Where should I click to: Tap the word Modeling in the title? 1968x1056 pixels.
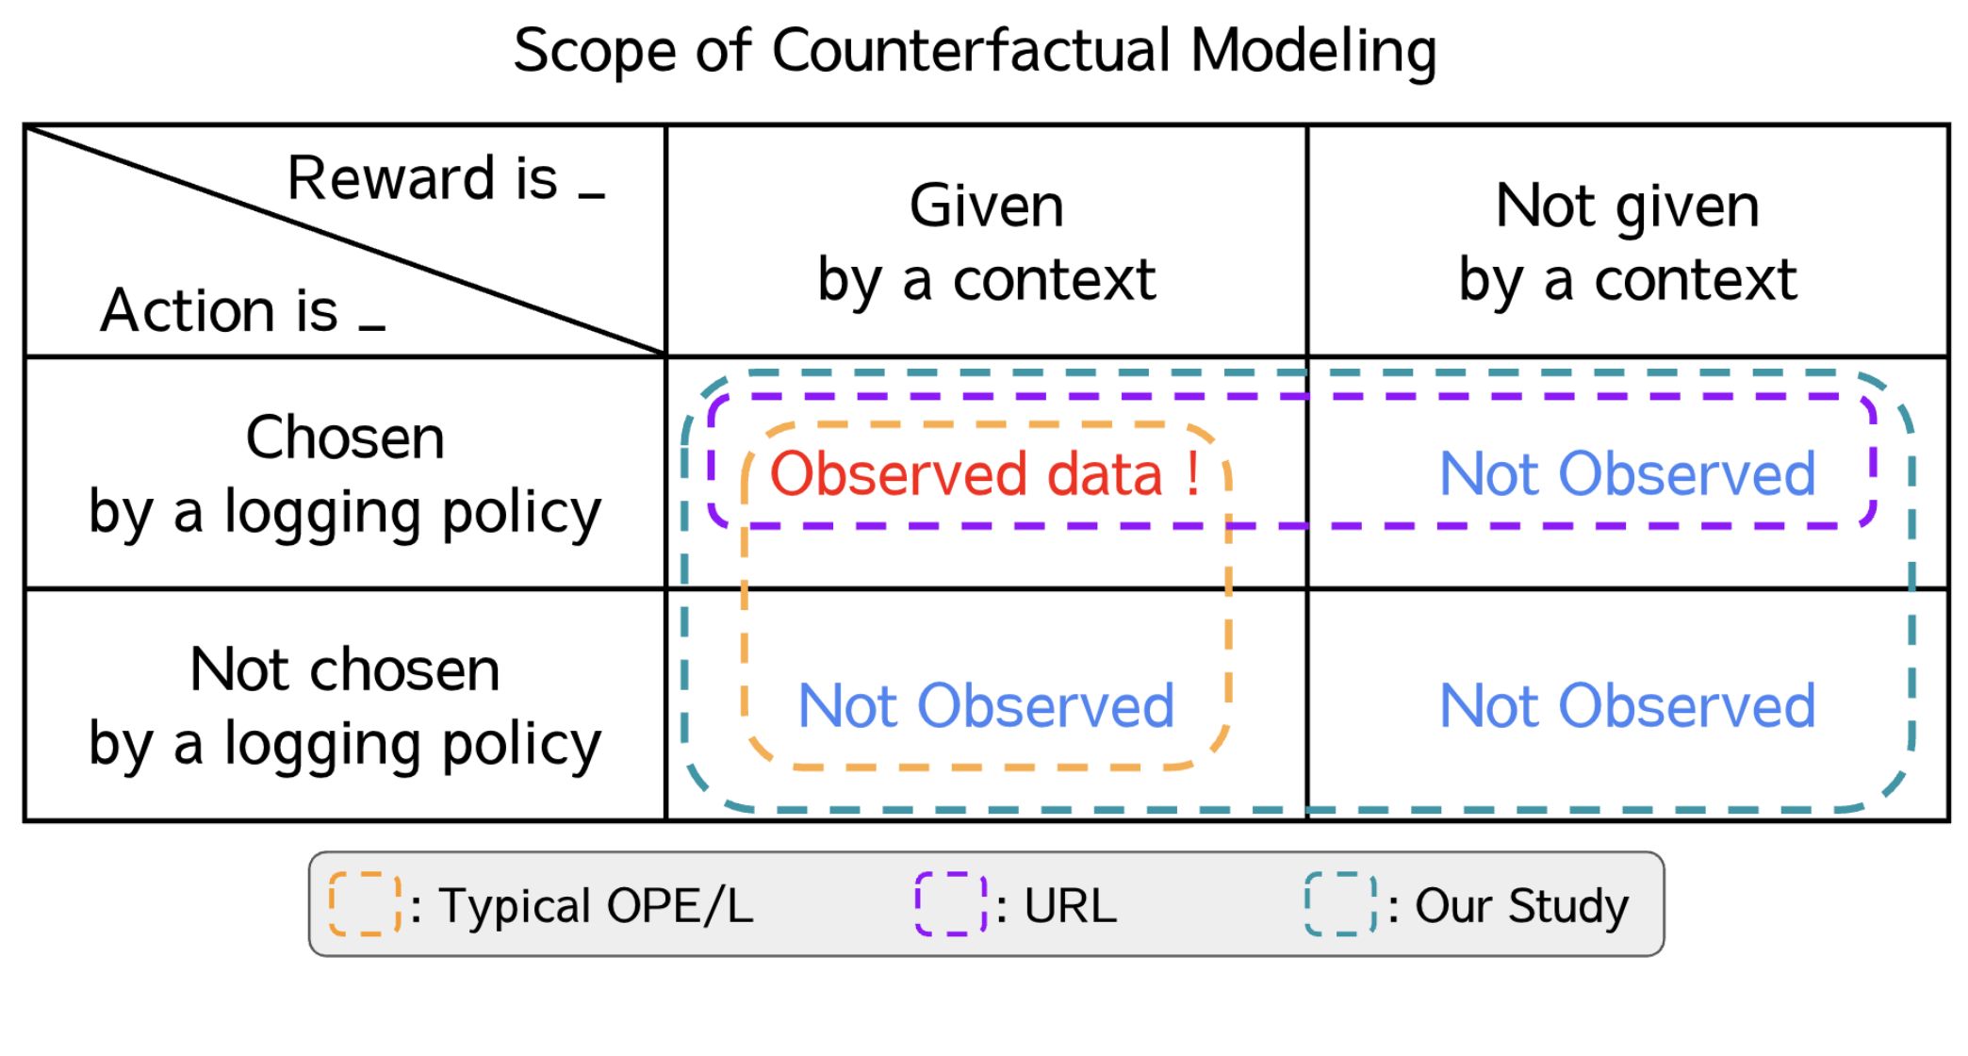coord(1314,52)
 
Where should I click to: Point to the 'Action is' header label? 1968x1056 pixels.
coord(220,310)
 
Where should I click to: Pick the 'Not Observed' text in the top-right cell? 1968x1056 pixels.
coord(1628,473)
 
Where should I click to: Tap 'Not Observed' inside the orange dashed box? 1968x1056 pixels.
coord(986,705)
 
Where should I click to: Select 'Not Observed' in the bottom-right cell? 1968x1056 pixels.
coord(1628,705)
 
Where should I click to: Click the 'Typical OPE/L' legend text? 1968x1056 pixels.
coord(596,905)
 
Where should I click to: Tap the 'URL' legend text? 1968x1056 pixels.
coord(1070,905)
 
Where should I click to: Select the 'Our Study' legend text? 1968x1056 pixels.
coord(1521,907)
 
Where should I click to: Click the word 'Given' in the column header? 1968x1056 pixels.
coord(987,206)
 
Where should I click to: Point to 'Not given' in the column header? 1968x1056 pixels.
coord(1628,207)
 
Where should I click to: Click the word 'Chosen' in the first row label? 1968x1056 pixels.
coord(345,437)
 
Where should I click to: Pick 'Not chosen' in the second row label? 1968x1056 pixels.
coord(345,669)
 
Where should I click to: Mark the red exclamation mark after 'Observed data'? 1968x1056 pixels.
coord(1192,473)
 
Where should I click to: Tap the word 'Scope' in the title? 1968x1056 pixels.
coord(595,52)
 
